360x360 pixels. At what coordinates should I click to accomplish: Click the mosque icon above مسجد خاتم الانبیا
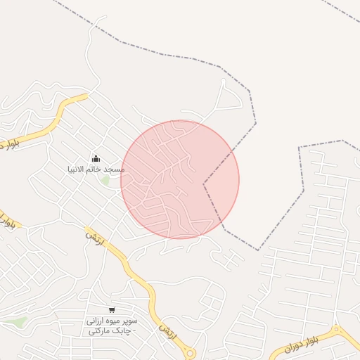pos(96,158)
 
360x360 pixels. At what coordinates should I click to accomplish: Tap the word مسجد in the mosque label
pos(113,170)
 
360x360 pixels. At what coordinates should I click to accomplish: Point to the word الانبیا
pos(76,170)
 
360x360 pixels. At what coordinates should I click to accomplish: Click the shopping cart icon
pos(112,310)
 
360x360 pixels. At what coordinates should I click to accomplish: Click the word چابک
pos(124,331)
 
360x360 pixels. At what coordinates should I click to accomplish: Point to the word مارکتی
pos(104,331)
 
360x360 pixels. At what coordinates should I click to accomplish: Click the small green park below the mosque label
pos(106,181)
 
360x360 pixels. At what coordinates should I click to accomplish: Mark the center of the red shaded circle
pos(180,180)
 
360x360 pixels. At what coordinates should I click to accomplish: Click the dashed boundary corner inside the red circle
pos(204,184)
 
